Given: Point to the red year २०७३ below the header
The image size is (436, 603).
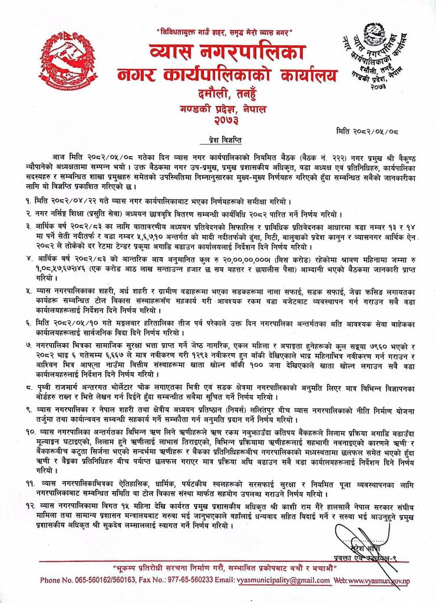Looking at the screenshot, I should coord(219,121).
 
